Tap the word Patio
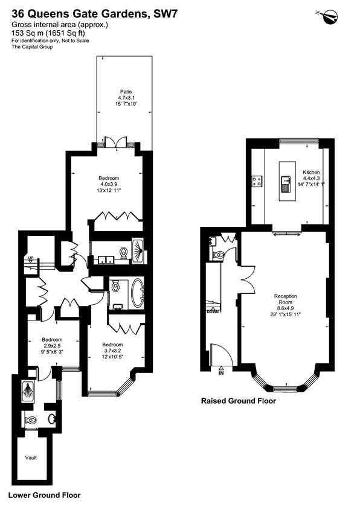126,92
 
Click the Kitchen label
311,172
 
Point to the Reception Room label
285,299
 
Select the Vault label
31,457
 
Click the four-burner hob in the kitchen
257,182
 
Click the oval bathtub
137,293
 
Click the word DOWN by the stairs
213,311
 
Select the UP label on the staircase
31,258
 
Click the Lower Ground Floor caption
44,495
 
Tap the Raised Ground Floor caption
239,401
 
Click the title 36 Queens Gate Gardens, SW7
95,14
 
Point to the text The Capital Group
32,47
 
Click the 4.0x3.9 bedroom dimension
109,184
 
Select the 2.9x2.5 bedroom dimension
52,345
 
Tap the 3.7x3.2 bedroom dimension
112,351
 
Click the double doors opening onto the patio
116,142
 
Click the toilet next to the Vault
31,419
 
